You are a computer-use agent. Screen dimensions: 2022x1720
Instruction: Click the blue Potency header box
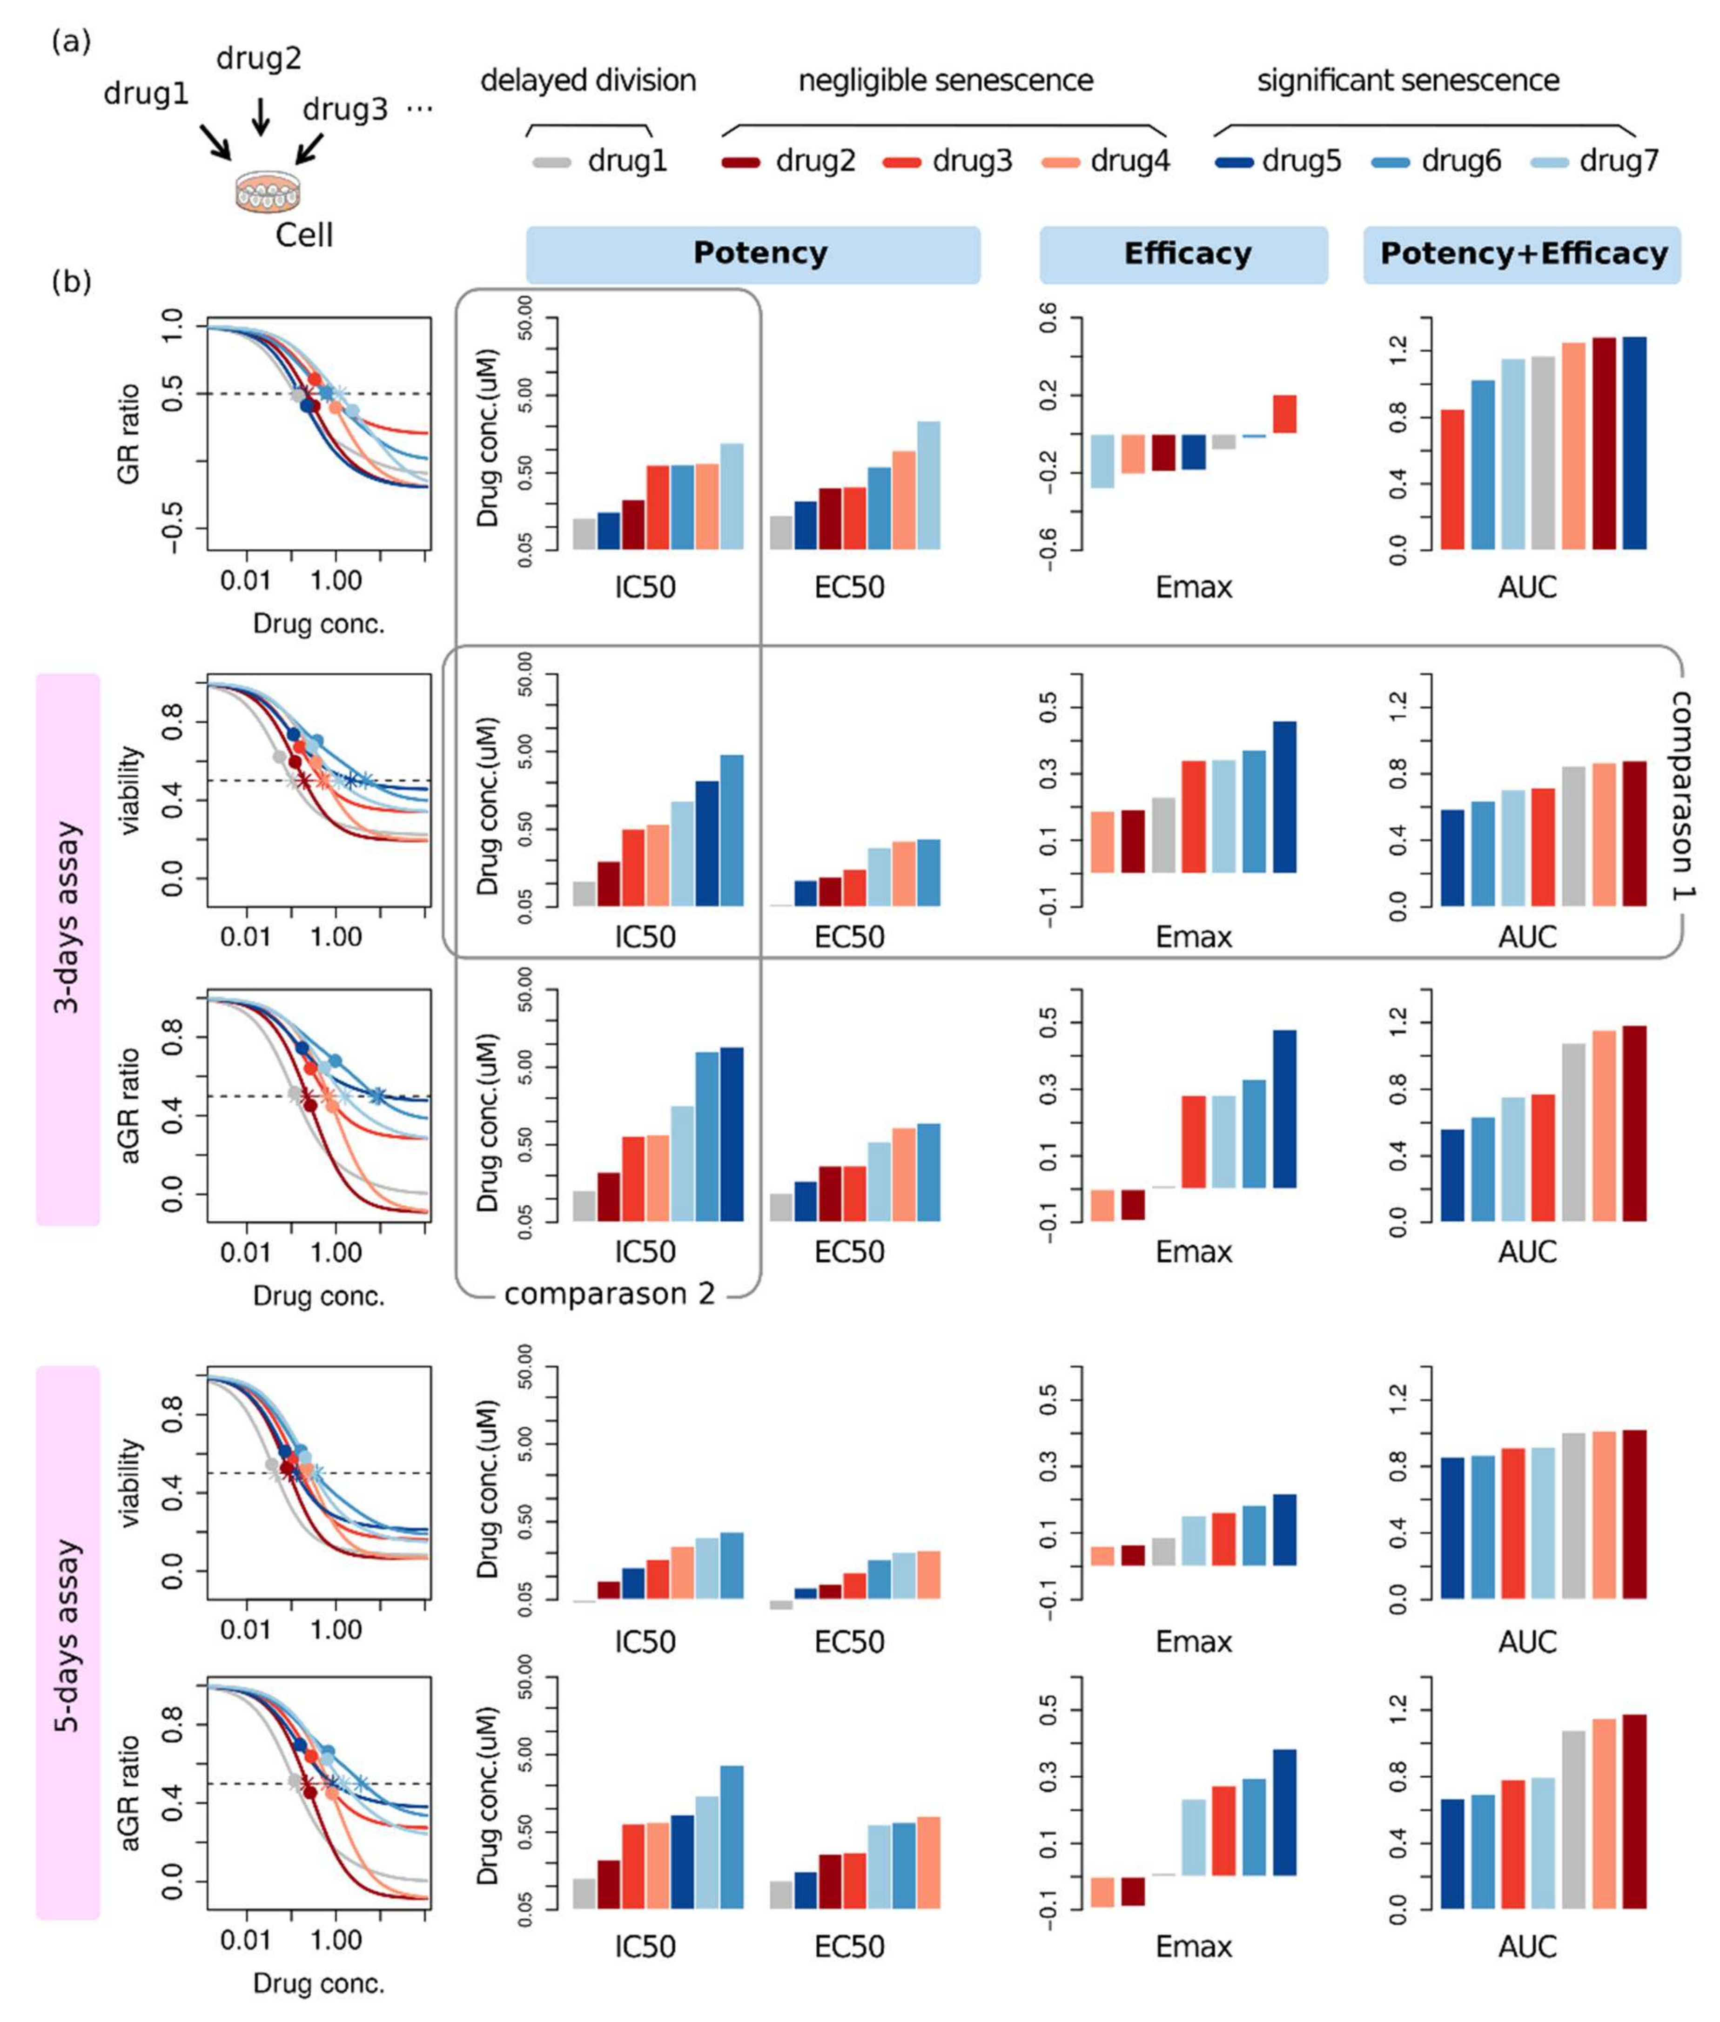tap(753, 255)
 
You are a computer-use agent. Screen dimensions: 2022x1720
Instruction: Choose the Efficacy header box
tap(1184, 255)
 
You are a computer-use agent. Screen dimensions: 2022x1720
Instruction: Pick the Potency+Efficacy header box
tap(1522, 255)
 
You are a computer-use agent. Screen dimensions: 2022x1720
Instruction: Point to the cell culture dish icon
tap(264, 192)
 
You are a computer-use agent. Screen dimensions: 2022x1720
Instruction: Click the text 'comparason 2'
tap(610, 1294)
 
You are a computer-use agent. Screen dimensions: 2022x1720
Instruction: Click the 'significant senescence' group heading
tap(1407, 81)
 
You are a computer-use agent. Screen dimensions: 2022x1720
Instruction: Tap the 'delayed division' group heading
tap(588, 81)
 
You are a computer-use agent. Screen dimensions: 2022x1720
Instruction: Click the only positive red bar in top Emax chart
tap(1284, 413)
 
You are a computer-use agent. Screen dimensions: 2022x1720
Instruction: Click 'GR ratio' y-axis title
tap(129, 434)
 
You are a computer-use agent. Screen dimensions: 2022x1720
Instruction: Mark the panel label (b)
tap(71, 282)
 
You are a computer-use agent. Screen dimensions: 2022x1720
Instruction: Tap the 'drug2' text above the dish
tap(258, 60)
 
